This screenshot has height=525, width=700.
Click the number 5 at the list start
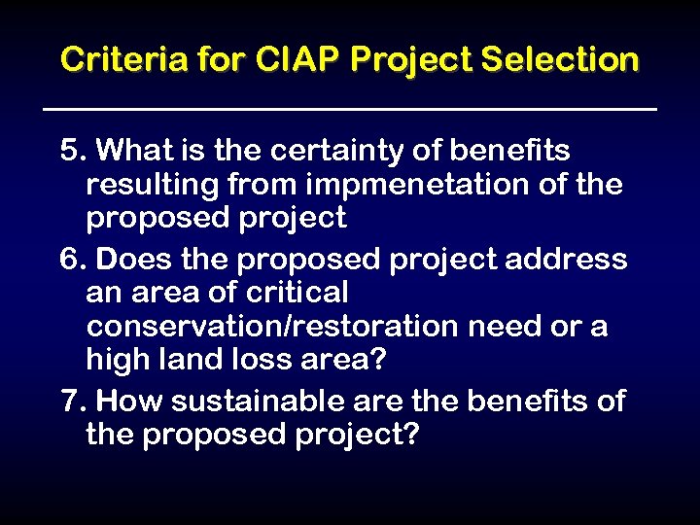[x=69, y=151]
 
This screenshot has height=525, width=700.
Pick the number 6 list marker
[x=69, y=260]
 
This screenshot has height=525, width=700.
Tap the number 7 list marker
[x=69, y=400]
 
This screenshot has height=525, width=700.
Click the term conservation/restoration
[x=272, y=326]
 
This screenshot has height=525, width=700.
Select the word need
[x=506, y=326]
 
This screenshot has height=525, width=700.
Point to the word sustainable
[x=258, y=400]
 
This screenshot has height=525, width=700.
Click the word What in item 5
[x=134, y=151]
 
